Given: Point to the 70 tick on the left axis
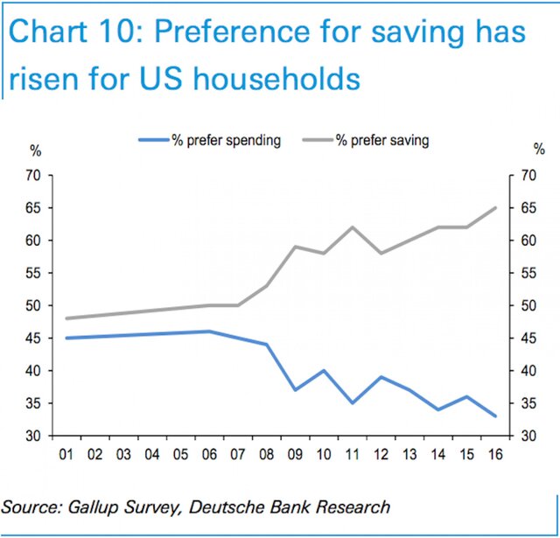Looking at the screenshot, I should pos(35,176).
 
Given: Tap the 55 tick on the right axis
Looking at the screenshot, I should pos(528,274).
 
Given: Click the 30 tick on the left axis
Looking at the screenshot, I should pos(35,436).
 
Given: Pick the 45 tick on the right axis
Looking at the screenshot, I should pos(528,339).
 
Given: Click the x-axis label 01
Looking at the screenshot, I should pos(66,456).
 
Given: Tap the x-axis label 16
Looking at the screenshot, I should pos(495,456).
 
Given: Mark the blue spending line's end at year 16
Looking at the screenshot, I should pos(495,416).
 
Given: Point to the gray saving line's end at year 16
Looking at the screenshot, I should pos(495,208).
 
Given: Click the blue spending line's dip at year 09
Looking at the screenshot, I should pos(296,389).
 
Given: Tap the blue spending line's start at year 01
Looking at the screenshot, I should pos(66,338).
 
